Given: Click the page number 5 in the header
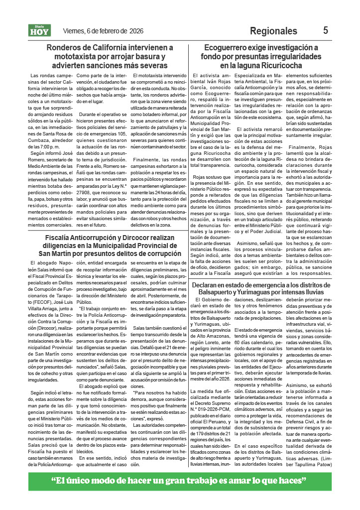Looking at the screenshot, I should coord(326,30).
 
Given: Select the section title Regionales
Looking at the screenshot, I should coord(273,31).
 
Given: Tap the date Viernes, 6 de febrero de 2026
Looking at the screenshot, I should coord(103,31).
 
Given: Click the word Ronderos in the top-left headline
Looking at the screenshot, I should coord(67,48).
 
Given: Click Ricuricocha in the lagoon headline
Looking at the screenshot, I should coord(290,65).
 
